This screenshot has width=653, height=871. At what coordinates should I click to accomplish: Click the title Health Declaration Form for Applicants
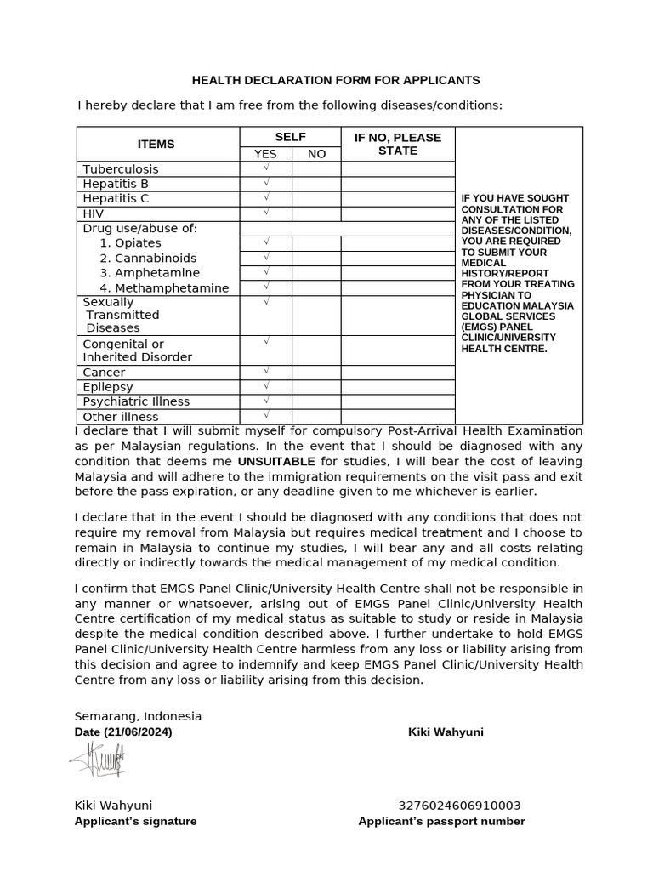point(336,80)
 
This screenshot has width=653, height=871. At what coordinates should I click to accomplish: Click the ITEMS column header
point(156,144)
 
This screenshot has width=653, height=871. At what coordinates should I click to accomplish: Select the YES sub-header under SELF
point(265,154)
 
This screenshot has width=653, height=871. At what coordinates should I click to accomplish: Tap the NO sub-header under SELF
point(316,154)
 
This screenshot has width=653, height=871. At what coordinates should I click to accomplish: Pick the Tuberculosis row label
point(121,169)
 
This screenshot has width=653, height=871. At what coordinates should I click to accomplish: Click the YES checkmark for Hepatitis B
point(266,184)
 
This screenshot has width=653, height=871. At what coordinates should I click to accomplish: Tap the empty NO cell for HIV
point(316,213)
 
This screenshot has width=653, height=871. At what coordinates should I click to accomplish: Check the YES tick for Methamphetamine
point(266,287)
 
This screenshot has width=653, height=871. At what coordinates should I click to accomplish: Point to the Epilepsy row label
point(108,387)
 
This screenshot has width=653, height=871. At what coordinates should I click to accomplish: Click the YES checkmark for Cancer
point(266,372)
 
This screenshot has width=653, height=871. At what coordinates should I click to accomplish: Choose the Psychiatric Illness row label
point(136,401)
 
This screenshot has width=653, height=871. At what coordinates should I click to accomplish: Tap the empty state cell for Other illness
point(397,416)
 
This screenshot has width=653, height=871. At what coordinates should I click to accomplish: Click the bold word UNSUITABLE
point(276,461)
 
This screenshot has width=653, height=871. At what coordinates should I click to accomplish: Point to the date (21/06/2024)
point(123,732)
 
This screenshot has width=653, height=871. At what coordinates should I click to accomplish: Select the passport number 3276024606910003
point(459,806)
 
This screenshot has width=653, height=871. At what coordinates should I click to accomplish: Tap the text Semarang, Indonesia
point(138,716)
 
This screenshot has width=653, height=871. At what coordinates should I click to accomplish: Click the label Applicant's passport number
point(441,821)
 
